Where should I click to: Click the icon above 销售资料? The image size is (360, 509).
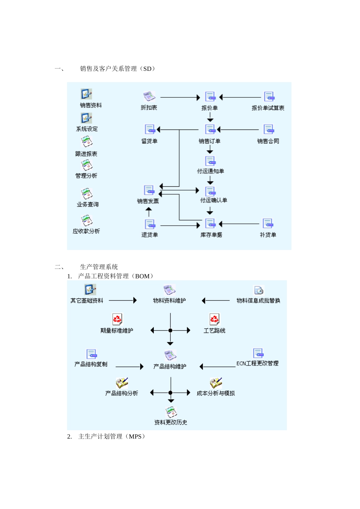tap(86, 94)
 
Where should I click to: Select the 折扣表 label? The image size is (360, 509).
tap(149, 108)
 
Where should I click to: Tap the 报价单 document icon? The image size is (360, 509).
tap(210, 97)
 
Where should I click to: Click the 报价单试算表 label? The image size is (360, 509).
tap(268, 108)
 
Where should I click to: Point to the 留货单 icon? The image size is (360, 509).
tap(150, 130)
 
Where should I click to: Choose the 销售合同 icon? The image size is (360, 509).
tap(268, 130)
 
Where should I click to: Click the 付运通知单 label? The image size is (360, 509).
tap(210, 171)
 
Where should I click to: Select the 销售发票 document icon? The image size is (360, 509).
tap(149, 190)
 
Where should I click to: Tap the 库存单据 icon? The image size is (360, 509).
tap(210, 223)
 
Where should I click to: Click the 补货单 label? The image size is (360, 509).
tap(268, 235)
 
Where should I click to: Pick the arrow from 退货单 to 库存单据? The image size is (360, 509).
tap(180, 226)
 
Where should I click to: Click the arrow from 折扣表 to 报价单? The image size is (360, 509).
tap(180, 98)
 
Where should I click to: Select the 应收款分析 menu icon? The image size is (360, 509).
tap(86, 220)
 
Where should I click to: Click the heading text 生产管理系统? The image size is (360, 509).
tap(99, 267)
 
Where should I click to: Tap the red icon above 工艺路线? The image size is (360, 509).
tap(214, 319)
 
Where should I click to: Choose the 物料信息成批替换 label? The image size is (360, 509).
tap(258, 301)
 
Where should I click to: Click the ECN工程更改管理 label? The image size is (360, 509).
tap(257, 364)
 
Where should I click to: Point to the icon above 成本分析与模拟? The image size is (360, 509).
tap(216, 383)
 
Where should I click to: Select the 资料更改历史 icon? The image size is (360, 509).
tap(171, 412)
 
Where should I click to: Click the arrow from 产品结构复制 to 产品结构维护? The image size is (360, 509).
tap(130, 367)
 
